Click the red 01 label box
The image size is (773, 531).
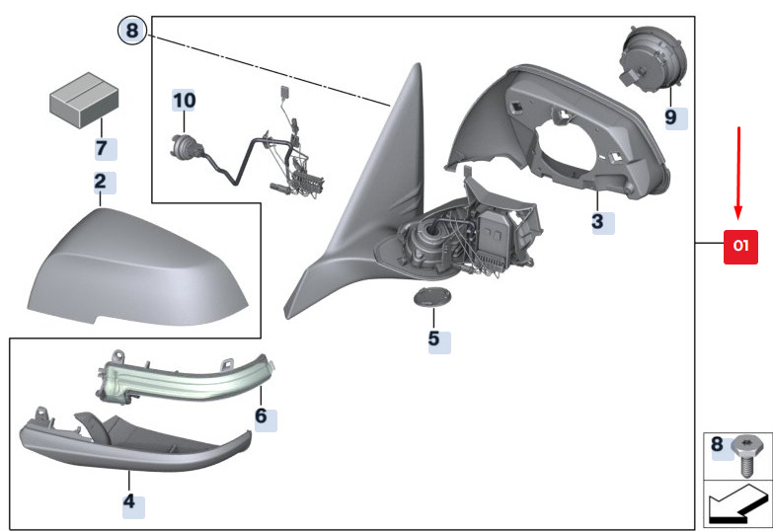[x=740, y=247]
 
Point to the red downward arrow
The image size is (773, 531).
[x=738, y=173]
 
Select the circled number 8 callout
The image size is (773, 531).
[x=132, y=31]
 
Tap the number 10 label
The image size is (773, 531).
[x=184, y=101]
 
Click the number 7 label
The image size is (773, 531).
[x=102, y=148]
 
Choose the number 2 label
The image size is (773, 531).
[x=101, y=182]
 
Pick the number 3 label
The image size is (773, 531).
[x=598, y=222]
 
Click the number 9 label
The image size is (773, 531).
[x=671, y=117]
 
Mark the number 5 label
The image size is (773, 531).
[x=433, y=340]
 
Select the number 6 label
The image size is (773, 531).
[x=262, y=417]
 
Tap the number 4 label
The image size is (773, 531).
[x=129, y=502]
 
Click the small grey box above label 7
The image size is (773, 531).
[x=84, y=100]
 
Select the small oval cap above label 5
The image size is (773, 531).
[x=431, y=298]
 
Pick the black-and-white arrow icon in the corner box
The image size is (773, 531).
[x=738, y=504]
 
